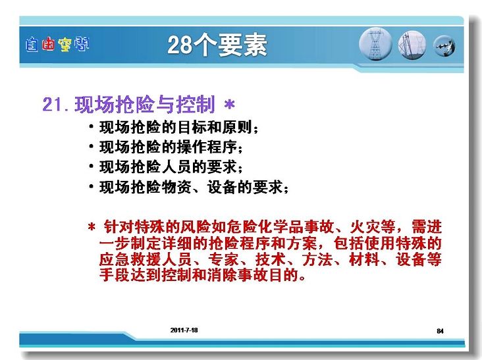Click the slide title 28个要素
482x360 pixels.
pyautogui.click(x=217, y=45)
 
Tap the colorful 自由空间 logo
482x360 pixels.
pyautogui.click(x=57, y=44)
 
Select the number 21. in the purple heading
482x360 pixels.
pyautogui.click(x=55, y=104)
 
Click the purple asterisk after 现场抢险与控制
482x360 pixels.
pyautogui.click(x=229, y=105)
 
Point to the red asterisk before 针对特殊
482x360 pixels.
pyautogui.click(x=92, y=227)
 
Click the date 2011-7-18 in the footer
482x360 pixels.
pyautogui.click(x=184, y=330)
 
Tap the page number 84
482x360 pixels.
pyautogui.click(x=440, y=331)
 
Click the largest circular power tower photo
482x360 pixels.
pyautogui.click(x=375, y=44)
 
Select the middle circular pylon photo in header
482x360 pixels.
pyautogui.click(x=412, y=45)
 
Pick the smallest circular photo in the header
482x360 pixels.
pyautogui.click(x=444, y=46)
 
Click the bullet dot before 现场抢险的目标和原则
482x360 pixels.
pyautogui.click(x=91, y=126)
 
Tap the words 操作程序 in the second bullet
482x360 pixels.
pyautogui.click(x=207, y=147)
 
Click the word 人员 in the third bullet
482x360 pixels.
pyautogui.click(x=176, y=167)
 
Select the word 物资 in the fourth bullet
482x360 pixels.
pyautogui.click(x=176, y=187)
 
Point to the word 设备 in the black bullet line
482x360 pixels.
pyautogui.click(x=223, y=187)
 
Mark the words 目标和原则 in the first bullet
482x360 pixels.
pyautogui.click(x=215, y=127)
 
